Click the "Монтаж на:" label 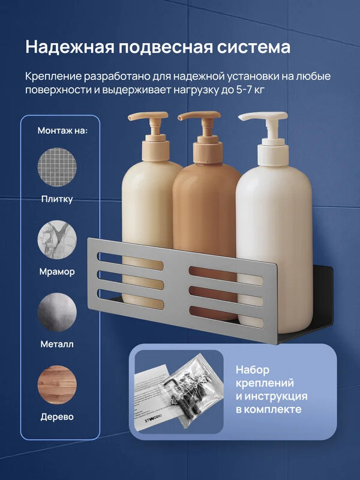(62, 130)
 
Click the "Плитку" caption (57, 199)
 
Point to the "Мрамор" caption (57, 272)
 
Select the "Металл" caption (57, 344)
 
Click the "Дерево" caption (57, 417)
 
